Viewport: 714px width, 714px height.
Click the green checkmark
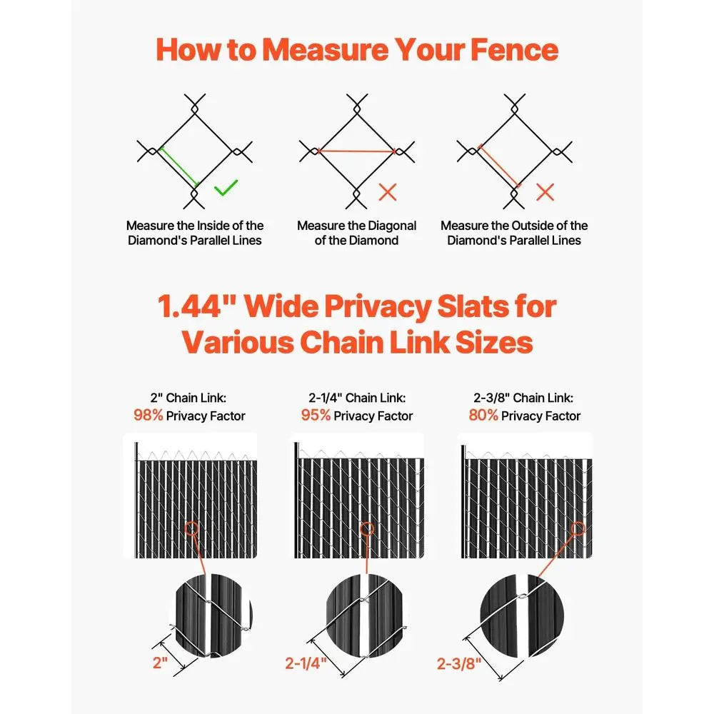tap(226, 188)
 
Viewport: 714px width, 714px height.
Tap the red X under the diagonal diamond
tap(387, 191)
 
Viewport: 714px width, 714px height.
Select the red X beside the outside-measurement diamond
tap(545, 191)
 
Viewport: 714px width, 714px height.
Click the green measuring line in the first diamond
tap(178, 166)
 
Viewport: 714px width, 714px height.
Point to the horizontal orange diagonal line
tap(355, 151)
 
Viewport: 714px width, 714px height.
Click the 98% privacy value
tap(148, 415)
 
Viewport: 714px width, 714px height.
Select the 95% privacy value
tap(315, 415)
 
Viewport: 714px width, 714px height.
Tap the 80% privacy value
tap(483, 415)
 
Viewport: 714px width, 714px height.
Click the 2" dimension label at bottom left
tap(160, 662)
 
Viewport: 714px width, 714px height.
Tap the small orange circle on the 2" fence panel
tap(191, 530)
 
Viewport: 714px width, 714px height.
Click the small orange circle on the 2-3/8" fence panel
tap(579, 530)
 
